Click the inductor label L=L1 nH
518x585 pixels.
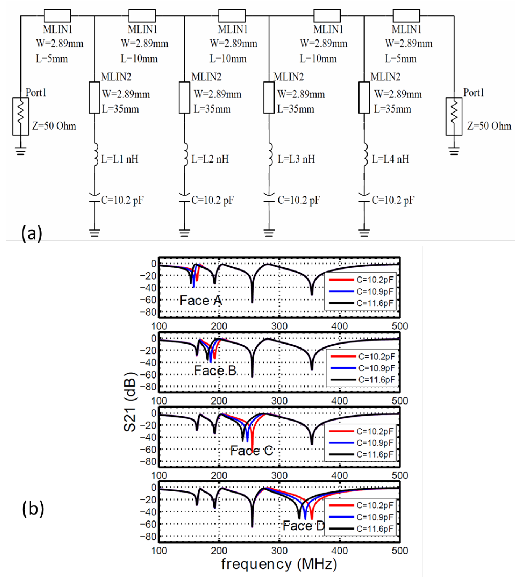[119, 159]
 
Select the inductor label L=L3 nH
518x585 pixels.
[296, 159]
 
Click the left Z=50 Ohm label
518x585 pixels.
[54, 126]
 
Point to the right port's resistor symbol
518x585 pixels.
[454, 116]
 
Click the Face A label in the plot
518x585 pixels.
[201, 301]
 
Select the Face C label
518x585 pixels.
[252, 451]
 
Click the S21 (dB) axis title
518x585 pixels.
[130, 401]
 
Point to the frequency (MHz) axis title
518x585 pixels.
[279, 564]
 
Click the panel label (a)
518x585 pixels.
[31, 233]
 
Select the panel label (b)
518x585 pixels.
[33, 509]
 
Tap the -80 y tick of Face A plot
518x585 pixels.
[148, 312]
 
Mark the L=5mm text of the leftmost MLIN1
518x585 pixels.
[52, 59]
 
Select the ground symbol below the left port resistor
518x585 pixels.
[21, 151]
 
